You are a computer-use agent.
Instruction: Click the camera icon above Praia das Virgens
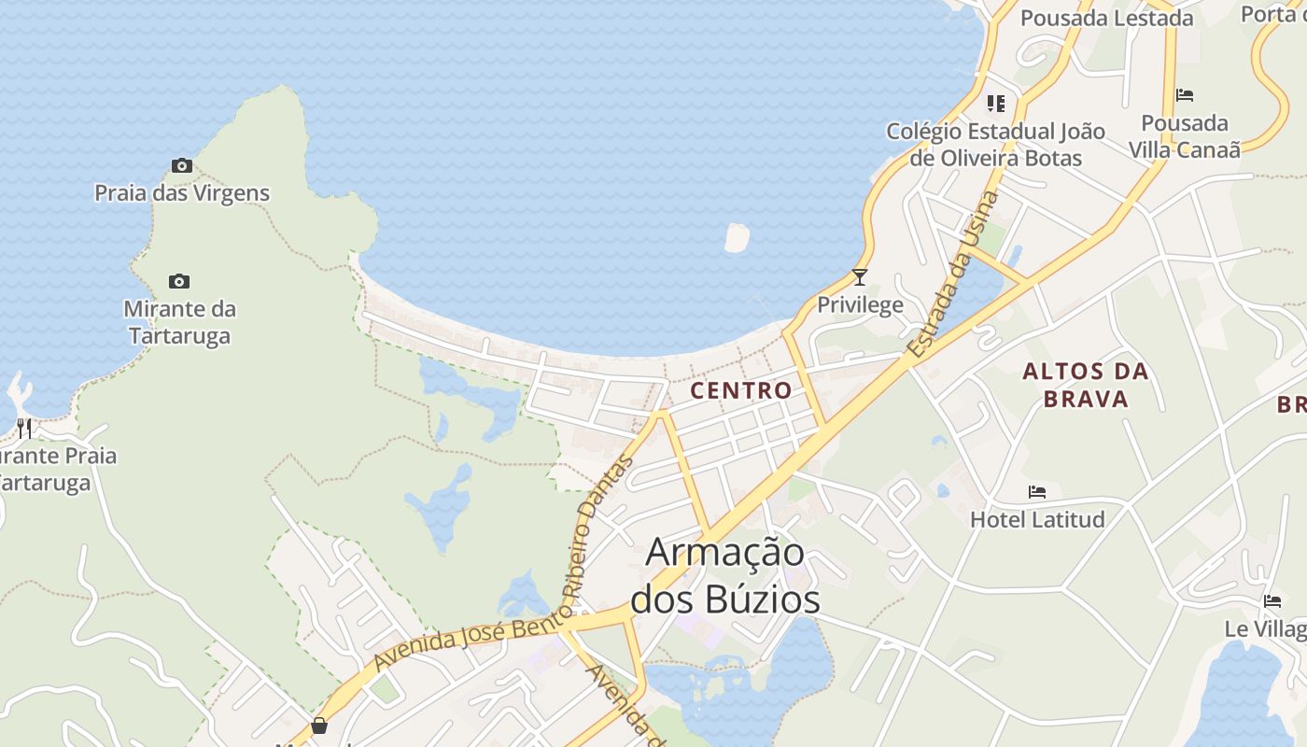click(182, 166)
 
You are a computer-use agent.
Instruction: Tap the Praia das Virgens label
click(182, 193)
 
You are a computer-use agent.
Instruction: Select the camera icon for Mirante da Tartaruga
click(178, 281)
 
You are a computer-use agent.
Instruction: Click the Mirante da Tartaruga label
click(179, 322)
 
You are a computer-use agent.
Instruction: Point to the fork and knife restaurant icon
click(24, 429)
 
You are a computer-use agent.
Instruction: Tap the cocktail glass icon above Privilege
click(860, 276)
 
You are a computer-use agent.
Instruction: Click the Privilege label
click(860, 304)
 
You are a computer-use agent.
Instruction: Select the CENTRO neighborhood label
click(741, 390)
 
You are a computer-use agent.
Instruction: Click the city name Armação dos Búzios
click(725, 575)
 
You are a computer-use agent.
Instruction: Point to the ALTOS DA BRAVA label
click(1085, 385)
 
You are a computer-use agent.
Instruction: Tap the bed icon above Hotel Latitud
click(1037, 491)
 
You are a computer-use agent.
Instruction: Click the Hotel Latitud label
click(1037, 519)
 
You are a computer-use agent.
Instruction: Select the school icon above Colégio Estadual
click(996, 103)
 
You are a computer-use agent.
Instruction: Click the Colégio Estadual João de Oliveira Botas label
click(995, 145)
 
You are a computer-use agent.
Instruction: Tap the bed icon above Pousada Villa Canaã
click(1185, 95)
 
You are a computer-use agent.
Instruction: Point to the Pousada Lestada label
click(1106, 18)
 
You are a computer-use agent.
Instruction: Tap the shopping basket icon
click(319, 726)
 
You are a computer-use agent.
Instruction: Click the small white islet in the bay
click(738, 237)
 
